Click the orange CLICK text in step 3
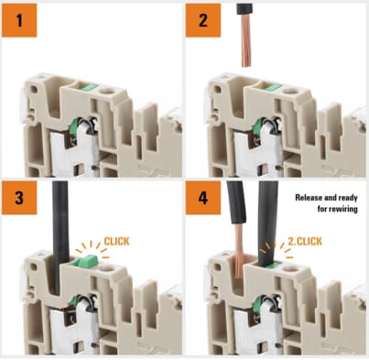coord(118,241)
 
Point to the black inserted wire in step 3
coord(58,229)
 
